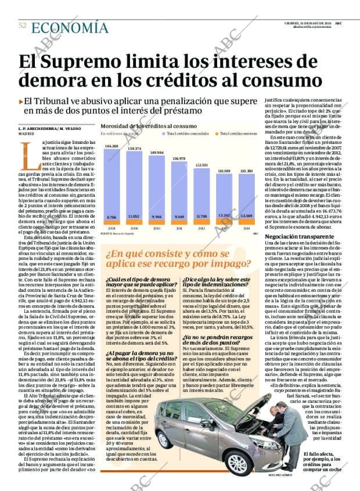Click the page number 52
(x=23, y=26)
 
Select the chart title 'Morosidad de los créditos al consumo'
(x=149, y=126)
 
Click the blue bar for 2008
(x=112, y=183)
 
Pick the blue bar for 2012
(x=201, y=193)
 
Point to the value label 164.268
(x=112, y=146)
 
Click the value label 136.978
(x=179, y=158)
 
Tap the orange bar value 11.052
(x=134, y=216)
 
